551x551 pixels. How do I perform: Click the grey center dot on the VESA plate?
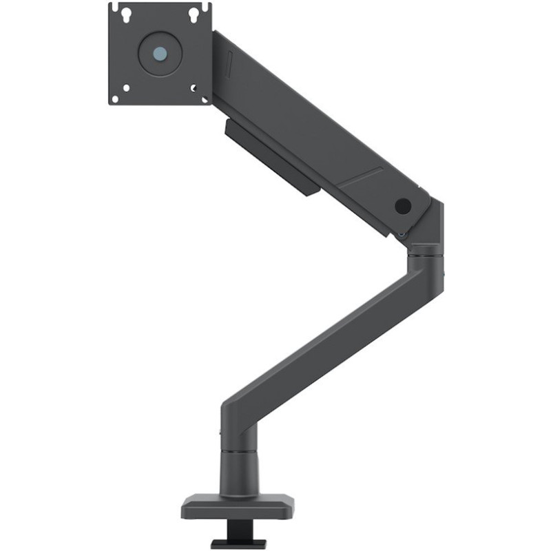pyautogui.click(x=160, y=53)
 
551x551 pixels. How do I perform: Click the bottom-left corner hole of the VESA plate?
pyautogui.click(x=115, y=98)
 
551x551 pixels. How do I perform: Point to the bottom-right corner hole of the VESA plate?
pyautogui.click(x=205, y=98)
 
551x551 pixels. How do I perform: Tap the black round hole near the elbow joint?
pyautogui.click(x=403, y=206)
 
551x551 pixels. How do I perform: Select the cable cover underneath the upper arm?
pyautogui.click(x=272, y=157)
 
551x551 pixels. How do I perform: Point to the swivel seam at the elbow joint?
pyautogui.click(x=425, y=254)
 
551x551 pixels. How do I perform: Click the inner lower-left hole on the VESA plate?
pyautogui.click(x=127, y=87)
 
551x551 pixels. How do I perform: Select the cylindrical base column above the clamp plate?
pyautogui.click(x=240, y=472)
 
